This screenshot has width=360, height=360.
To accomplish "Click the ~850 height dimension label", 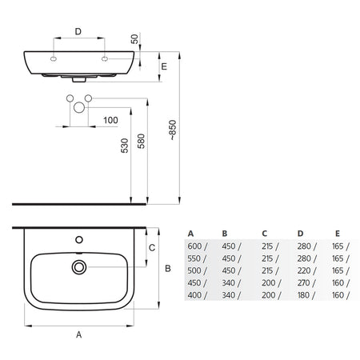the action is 173,130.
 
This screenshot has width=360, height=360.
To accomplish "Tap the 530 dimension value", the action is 125,146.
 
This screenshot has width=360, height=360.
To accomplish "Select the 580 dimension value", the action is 141,141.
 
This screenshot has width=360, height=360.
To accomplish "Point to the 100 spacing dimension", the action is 110,120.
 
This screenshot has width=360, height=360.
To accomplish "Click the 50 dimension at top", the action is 135,38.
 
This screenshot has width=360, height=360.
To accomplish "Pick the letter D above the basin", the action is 78,31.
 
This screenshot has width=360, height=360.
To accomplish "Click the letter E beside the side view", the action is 164,66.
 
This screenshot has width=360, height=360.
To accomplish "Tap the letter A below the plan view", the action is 78,334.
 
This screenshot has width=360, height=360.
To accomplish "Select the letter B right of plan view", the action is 168,268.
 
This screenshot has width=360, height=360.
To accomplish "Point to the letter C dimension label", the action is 152,248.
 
